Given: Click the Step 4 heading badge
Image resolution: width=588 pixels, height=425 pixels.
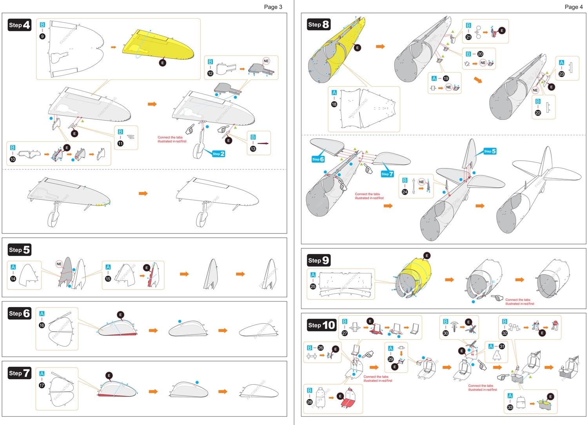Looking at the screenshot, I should coord(20,25).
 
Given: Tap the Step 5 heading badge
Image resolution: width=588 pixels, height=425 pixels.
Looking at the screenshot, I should coord(20,250).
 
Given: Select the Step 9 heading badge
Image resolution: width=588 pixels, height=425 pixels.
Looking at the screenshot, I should coord(319,260).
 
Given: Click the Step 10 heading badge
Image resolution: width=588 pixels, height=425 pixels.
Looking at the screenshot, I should coord(321,325).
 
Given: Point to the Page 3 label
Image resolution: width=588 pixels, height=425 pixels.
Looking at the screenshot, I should coord(273,7).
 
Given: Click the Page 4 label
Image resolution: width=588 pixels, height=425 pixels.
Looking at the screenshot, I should coord(573,7).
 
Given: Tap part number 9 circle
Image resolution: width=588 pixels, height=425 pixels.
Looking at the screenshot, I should coord(42,36).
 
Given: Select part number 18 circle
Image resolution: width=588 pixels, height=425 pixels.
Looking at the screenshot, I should coord(334,104).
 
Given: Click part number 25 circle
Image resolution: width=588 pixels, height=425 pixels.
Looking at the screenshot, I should coord(313,286).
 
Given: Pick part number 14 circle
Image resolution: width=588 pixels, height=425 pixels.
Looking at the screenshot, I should coord(13,279).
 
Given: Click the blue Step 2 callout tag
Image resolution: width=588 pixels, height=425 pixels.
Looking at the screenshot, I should coord(219,154).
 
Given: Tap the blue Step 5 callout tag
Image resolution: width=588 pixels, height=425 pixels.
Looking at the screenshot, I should coord(490,151).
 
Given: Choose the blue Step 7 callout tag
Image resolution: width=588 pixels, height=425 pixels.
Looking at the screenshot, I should coord(387,174).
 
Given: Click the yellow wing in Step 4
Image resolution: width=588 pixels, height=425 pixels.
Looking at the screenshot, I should coord(157,45).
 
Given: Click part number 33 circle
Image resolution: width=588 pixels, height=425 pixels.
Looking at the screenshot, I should coord(510,407).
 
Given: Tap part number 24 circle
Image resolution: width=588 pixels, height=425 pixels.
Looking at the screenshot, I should coord(405,192).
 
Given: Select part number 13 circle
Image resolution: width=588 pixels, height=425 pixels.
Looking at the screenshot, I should coord(253,149).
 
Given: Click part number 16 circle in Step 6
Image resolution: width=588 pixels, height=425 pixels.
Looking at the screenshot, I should coord(42,325).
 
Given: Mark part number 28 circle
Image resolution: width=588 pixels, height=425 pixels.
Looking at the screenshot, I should coord(310,402).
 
